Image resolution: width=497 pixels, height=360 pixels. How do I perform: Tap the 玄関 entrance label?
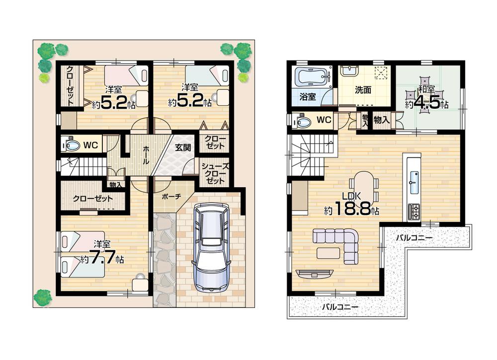pyautogui.click(x=183, y=147)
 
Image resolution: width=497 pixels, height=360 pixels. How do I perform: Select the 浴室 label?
pyautogui.click(x=307, y=97)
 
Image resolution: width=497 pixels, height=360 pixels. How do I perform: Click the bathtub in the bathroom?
pyautogui.click(x=312, y=77)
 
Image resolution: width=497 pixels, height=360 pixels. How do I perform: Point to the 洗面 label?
pyautogui.click(x=363, y=90)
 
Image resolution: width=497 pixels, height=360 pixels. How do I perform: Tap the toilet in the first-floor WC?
pyautogui.click(x=72, y=145)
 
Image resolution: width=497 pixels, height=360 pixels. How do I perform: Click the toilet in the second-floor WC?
pyautogui.click(x=301, y=121)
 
